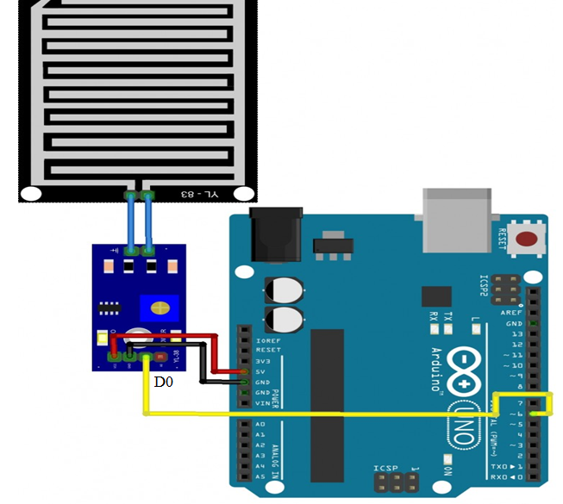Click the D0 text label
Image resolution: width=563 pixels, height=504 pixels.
163,380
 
